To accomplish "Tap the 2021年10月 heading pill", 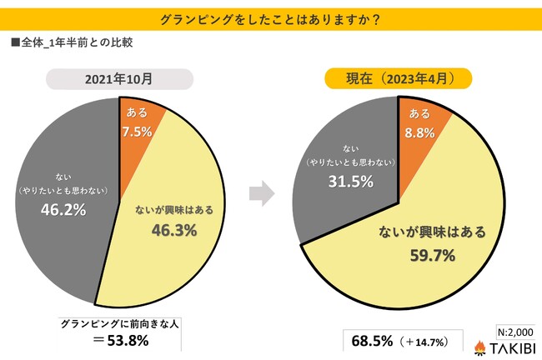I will coord(116,80).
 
